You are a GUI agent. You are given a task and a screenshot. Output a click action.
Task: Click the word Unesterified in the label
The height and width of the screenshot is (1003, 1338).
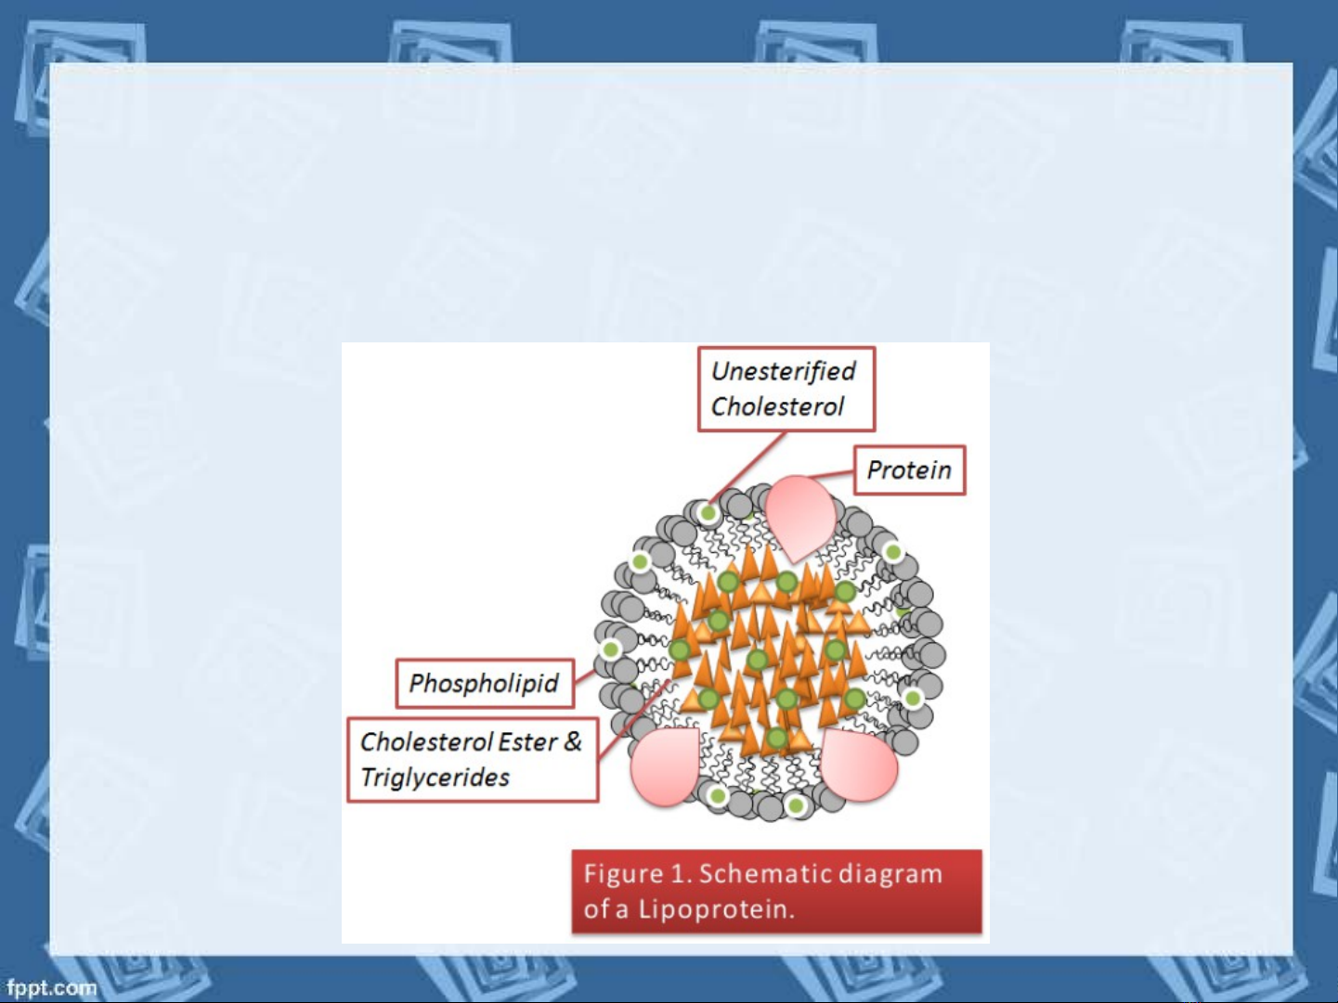point(784,372)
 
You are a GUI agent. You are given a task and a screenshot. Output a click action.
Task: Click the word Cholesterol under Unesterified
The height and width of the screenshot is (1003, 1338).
point(777,406)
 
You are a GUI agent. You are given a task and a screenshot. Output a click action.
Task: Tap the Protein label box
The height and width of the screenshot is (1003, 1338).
point(909,470)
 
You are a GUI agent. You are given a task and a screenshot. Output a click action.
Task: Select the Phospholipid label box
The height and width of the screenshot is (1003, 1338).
point(485,683)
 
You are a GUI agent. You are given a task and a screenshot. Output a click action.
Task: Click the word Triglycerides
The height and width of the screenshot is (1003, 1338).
point(435,778)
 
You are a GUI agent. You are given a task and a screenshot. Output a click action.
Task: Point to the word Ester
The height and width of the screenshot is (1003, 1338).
point(527,742)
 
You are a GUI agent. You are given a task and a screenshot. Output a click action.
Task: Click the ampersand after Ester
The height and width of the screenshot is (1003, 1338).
point(573,741)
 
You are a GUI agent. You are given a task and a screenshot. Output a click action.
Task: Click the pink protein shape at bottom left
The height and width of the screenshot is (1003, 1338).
point(666,766)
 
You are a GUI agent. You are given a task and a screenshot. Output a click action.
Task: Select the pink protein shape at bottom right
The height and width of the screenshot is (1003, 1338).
point(858,765)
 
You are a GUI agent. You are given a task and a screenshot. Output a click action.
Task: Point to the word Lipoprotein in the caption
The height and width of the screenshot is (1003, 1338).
point(716,909)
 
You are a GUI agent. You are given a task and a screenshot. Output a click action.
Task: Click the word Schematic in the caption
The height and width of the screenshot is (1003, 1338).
point(765,874)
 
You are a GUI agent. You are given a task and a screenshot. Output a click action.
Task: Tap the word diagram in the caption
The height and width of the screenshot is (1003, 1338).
point(890,875)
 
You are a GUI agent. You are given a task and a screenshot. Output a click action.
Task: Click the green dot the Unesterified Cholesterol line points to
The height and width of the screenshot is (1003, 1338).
point(708,513)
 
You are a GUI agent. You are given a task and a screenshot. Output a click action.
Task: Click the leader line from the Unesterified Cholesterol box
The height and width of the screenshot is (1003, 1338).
point(747,468)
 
